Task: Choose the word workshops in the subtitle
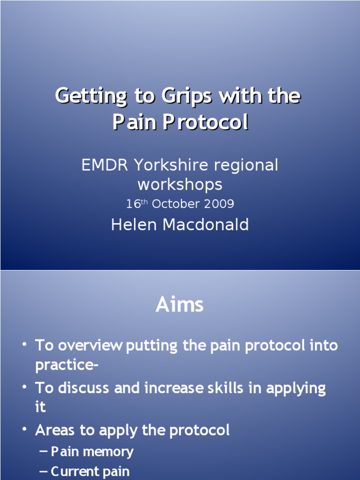click(180, 184)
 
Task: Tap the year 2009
click(219, 204)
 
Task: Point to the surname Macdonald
click(205, 225)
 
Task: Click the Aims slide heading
click(180, 305)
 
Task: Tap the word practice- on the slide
click(66, 365)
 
